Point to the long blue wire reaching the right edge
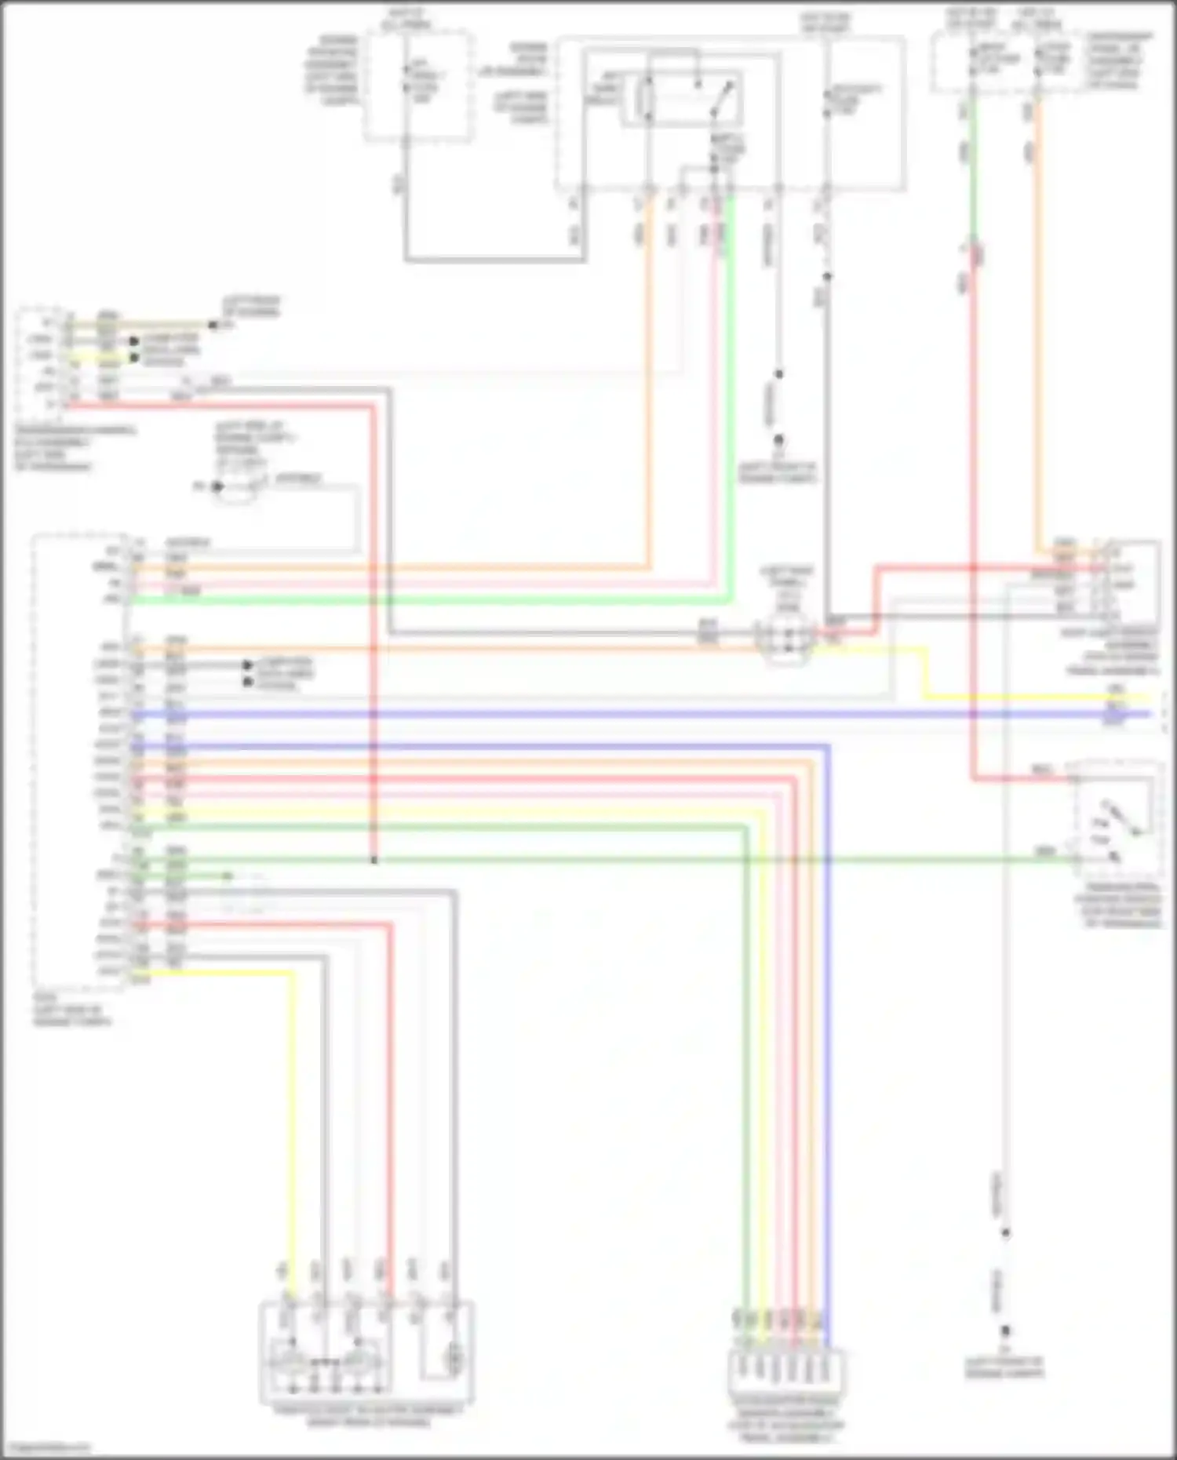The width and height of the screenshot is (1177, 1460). [628, 715]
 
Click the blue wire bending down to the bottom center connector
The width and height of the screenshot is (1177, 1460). [829, 1020]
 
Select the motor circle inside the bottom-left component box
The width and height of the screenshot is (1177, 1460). [453, 1356]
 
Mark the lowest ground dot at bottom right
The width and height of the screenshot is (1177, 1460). [1004, 1331]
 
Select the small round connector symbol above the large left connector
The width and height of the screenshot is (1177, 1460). [235, 487]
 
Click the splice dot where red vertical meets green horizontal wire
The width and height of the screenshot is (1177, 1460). [374, 860]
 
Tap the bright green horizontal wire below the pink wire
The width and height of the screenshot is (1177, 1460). [432, 600]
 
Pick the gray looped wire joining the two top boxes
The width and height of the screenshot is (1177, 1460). [494, 260]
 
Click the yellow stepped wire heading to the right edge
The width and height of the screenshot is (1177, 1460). [926, 675]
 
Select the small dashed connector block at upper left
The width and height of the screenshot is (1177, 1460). [43, 362]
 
